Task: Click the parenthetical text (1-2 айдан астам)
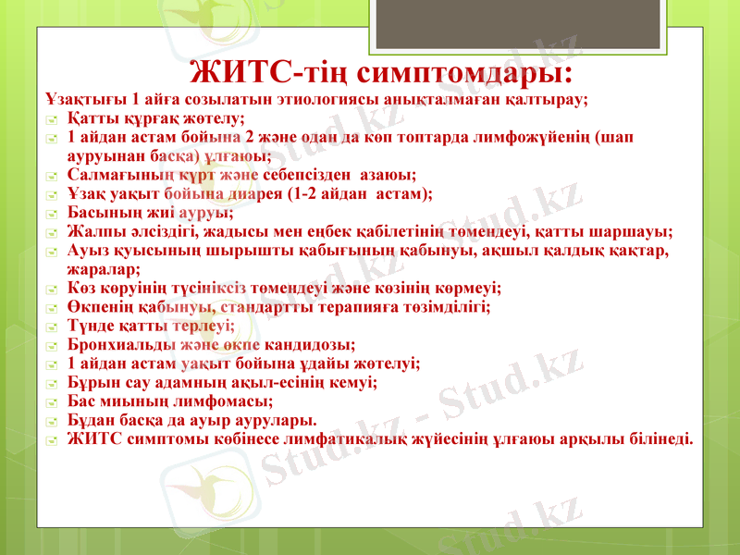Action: [351, 192]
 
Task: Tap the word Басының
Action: [101, 212]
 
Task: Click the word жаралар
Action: [103, 269]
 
